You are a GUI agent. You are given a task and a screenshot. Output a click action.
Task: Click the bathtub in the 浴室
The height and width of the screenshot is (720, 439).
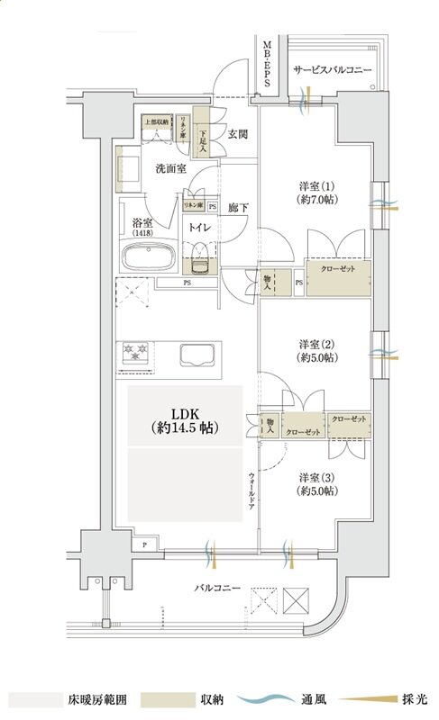click(149, 258)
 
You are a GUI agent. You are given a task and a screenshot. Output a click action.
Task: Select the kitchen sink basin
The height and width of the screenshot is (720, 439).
click(199, 355)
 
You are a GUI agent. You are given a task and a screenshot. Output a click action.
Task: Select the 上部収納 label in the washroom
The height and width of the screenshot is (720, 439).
click(156, 121)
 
